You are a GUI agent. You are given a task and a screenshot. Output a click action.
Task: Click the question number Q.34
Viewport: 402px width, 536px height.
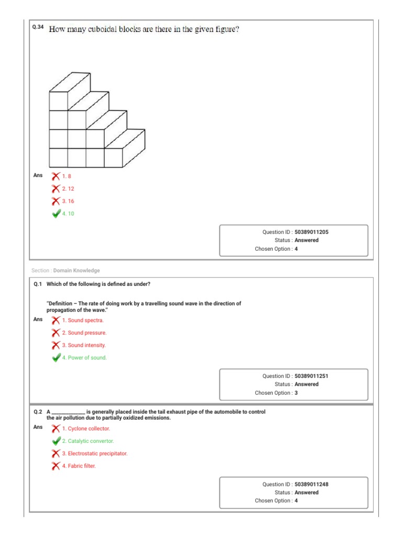38,28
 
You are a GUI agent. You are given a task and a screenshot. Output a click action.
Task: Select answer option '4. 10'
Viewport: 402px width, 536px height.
68,214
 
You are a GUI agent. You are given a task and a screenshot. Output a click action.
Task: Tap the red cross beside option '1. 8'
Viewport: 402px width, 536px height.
55,176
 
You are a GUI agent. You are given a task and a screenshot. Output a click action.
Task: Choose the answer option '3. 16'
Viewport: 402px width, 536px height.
68,201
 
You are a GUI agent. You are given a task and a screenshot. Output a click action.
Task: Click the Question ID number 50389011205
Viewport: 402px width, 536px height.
311,232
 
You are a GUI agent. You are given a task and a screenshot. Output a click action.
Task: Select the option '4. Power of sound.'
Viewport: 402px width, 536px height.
84,358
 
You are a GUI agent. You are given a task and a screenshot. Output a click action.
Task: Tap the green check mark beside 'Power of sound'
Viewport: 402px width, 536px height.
56,358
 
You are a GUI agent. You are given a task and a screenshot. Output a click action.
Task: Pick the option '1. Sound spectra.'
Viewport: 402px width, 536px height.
83,320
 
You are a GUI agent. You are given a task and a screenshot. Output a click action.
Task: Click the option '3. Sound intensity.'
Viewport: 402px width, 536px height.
84,345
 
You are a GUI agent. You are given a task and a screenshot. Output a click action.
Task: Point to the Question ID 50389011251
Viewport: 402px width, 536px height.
311,376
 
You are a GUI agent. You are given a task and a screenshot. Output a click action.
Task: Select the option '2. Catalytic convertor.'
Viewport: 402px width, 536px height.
87,441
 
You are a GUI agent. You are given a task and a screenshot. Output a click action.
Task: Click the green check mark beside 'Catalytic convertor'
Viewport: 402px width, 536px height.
56,441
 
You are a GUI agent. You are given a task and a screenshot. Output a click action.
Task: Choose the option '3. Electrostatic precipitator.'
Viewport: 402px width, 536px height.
94,454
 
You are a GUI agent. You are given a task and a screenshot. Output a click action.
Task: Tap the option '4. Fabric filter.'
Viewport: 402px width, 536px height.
79,466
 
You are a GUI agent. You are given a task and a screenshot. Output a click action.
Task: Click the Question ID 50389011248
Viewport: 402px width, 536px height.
311,484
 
